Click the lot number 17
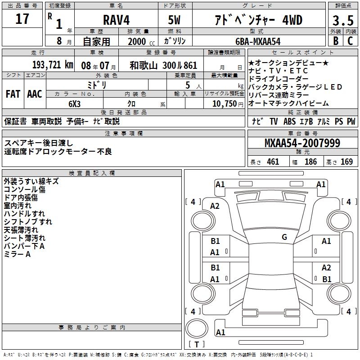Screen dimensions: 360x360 pyautogui.click(x=22, y=19)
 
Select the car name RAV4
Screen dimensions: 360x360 pyautogui.click(x=117, y=20)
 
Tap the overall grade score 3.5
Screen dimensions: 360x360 pyautogui.click(x=343, y=20)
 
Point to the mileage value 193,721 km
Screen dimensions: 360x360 pyautogui.click(x=53, y=65)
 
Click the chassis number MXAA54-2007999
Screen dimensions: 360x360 pyautogui.click(x=302, y=143)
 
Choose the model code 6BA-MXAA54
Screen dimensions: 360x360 pyautogui.click(x=258, y=41)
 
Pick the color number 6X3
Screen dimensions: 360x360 pyautogui.click(x=75, y=104)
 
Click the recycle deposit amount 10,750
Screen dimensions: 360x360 pyautogui.click(x=225, y=104)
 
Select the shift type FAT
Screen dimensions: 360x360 pyautogui.click(x=13, y=94)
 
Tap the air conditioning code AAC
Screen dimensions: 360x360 pyautogui.click(x=35, y=94)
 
